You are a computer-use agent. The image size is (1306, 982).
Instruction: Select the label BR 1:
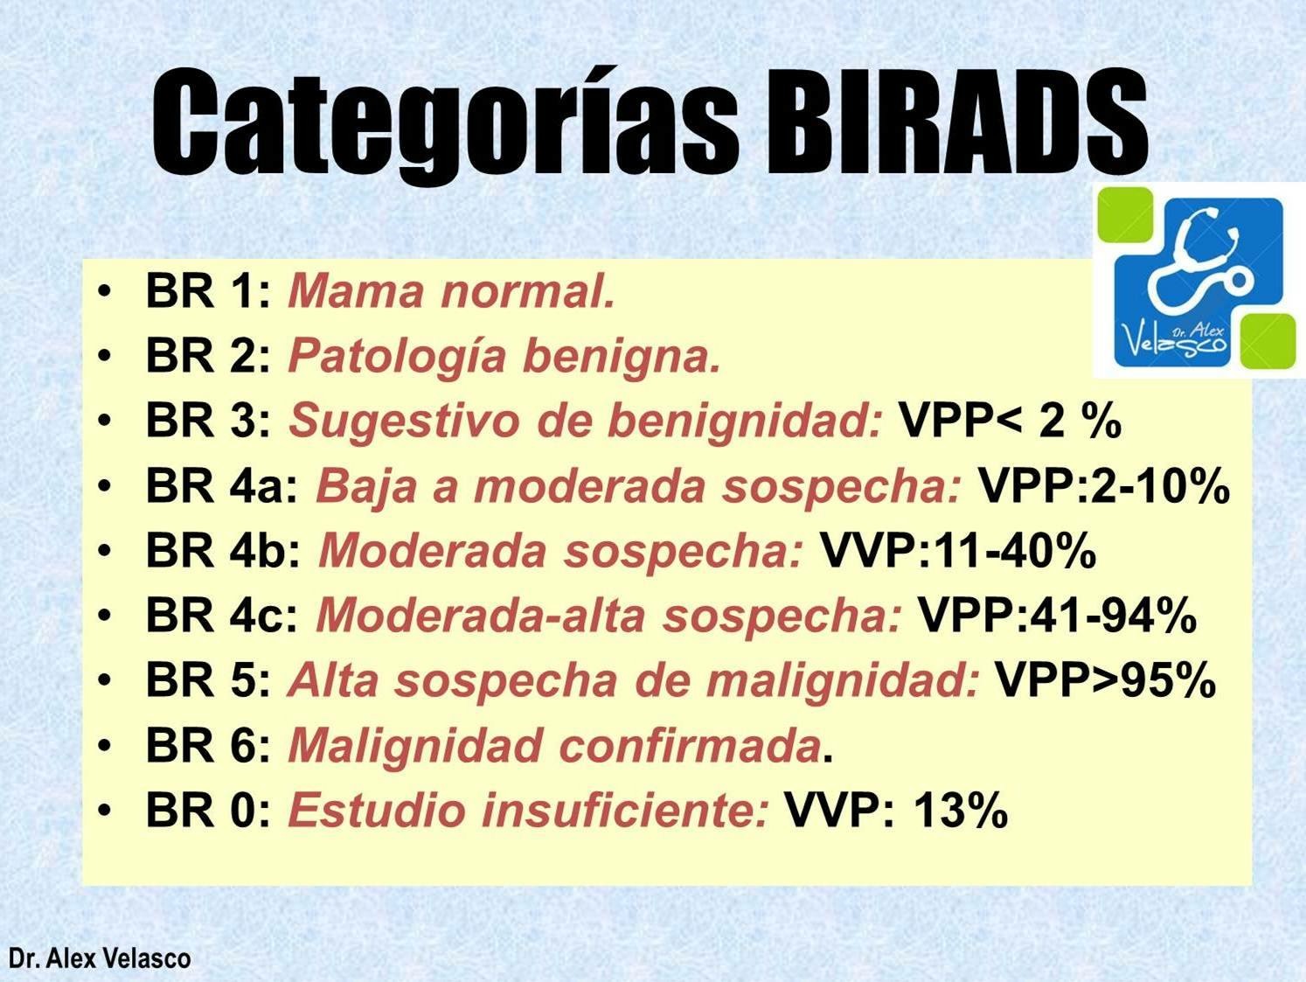click(209, 291)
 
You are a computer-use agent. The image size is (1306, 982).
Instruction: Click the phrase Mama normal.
click(451, 291)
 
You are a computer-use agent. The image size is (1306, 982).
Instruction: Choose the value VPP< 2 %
click(1010, 421)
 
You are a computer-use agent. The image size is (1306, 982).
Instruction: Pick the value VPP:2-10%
click(1103, 486)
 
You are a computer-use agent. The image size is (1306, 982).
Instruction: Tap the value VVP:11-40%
click(957, 551)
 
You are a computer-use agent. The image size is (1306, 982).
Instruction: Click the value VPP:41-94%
click(1057, 616)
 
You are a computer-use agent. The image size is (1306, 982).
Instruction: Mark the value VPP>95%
click(1105, 680)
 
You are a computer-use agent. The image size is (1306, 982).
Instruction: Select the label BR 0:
click(209, 811)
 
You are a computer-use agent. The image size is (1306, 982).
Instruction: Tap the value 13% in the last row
click(960, 811)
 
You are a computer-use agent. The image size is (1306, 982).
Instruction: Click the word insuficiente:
click(626, 811)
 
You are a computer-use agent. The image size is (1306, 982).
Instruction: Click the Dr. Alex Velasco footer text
click(100, 958)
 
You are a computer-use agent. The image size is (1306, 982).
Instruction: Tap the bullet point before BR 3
click(105, 421)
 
